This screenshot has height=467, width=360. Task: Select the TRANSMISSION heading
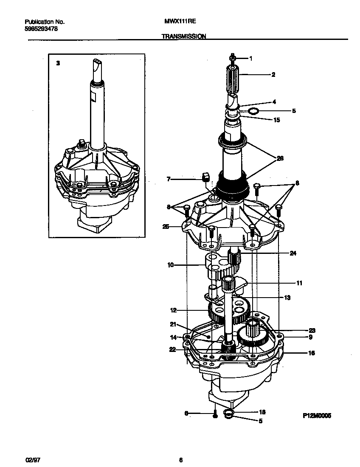tap(184, 37)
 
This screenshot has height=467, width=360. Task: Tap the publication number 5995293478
tap(42, 29)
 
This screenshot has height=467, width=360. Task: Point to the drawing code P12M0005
tap(316, 416)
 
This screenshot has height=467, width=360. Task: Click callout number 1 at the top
tap(250, 59)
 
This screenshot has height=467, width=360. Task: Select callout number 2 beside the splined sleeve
tap(273, 75)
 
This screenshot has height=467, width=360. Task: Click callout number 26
tap(280, 158)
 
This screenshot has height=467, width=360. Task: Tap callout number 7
tap(169, 180)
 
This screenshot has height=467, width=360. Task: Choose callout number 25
tap(166, 227)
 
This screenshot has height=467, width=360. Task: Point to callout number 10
tap(171, 265)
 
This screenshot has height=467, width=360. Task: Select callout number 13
tap(287, 298)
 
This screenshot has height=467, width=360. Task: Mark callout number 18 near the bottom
tap(262, 412)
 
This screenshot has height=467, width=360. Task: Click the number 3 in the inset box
tap(58, 63)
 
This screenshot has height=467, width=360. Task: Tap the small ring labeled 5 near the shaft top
tap(253, 111)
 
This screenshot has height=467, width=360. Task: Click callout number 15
tap(276, 120)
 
